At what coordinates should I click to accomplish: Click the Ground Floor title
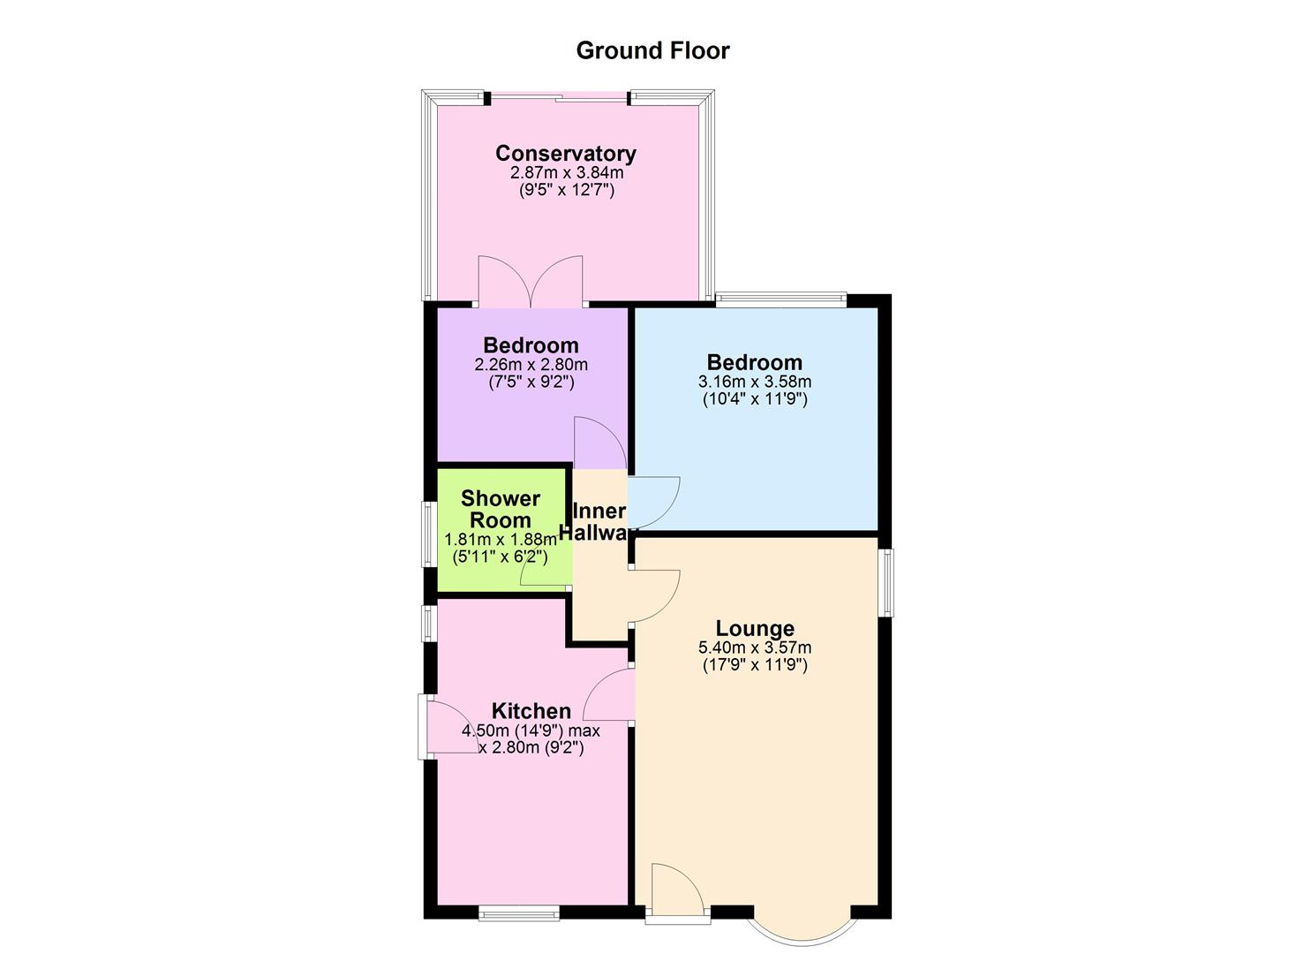tap(652, 50)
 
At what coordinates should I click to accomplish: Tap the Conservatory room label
tap(565, 153)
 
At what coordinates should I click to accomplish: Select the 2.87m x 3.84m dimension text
tap(566, 172)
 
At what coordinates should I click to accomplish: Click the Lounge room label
tap(755, 628)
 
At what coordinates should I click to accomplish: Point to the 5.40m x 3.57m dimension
tap(755, 647)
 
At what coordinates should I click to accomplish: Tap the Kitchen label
tap(531, 711)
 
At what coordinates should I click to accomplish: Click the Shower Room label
tap(500, 510)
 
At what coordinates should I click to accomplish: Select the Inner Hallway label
tap(600, 522)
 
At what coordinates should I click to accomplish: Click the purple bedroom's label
tap(531, 344)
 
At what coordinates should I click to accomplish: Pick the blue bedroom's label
tap(755, 362)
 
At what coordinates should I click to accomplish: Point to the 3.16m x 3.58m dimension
tap(755, 382)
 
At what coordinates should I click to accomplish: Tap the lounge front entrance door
tap(677, 892)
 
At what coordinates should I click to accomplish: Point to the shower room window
tap(426, 534)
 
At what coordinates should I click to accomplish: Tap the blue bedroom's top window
tap(781, 299)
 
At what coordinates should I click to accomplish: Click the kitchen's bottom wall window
tap(518, 913)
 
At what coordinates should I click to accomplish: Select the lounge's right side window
tap(886, 582)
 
